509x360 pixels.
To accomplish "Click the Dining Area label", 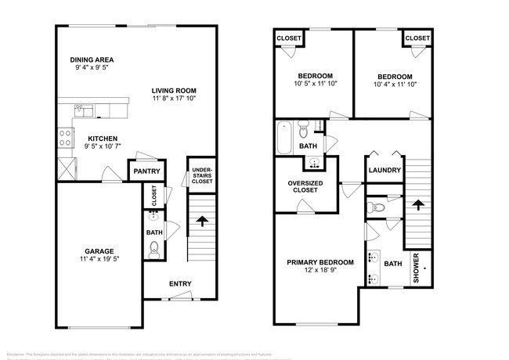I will coord(92,59).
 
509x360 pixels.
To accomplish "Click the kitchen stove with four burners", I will coord(63,138).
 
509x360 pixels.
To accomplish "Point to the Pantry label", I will coord(146,171).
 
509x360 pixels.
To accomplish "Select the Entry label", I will coord(180,283).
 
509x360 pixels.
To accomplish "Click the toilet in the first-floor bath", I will coord(153,249).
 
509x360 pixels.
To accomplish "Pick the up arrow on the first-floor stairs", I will coord(202,221).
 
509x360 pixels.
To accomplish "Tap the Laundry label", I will coord(384,171).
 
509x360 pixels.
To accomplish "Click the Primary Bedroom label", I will coord(319,262).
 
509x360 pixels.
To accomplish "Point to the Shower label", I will coord(417,268).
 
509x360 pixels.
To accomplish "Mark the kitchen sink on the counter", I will coord(88,110).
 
